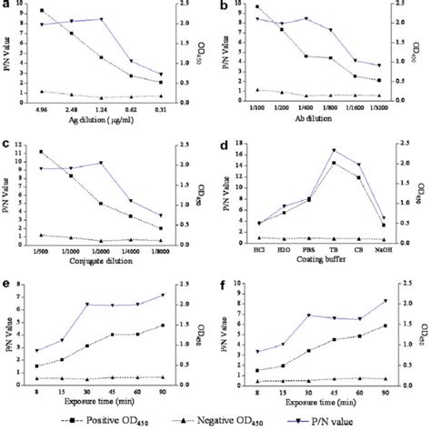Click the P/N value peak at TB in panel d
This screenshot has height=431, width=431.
pyautogui.click(x=335, y=150)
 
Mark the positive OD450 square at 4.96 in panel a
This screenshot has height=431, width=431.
pyautogui.click(x=43, y=11)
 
